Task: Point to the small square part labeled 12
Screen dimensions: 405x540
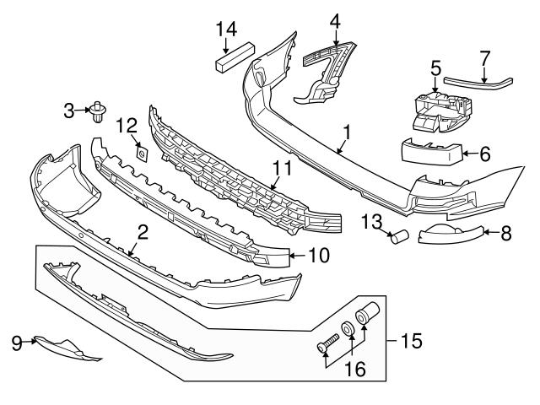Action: click(x=142, y=154)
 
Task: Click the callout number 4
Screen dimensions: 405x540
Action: click(x=335, y=18)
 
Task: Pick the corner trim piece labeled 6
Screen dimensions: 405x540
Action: click(x=431, y=153)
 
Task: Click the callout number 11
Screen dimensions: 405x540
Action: click(x=282, y=168)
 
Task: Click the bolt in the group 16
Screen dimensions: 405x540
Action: click(x=328, y=344)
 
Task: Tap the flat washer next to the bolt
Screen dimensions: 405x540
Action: click(x=348, y=329)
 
